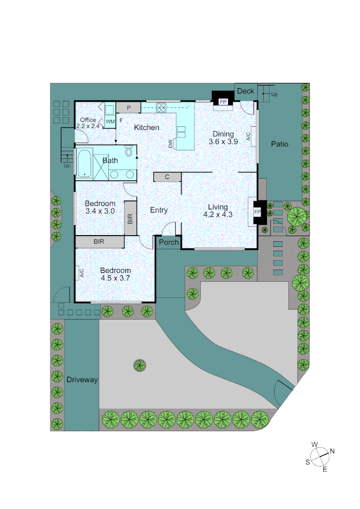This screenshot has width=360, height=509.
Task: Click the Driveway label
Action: [82, 380]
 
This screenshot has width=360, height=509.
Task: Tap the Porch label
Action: [169, 242]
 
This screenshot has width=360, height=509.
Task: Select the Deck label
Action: [245, 91]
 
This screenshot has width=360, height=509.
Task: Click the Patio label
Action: [279, 144]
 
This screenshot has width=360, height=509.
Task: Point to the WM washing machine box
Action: [110, 122]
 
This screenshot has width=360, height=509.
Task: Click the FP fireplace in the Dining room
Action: [223, 101]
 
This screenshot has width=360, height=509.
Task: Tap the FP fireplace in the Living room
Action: [257, 212]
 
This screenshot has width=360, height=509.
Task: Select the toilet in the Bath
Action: [128, 151]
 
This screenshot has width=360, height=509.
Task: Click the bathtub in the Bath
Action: [84, 163]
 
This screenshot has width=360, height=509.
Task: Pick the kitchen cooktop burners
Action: [162, 107]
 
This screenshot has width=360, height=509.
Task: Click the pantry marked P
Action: [128, 108]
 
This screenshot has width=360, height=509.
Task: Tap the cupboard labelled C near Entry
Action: [167, 177]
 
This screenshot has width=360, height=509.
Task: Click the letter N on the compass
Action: [332, 451]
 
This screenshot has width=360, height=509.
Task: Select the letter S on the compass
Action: [307, 462]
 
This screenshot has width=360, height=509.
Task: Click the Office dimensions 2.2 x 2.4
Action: [88, 126]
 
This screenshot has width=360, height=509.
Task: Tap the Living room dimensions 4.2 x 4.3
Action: [218, 214]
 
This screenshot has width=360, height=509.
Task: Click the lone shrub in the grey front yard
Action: [139, 364]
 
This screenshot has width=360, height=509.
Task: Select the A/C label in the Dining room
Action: [248, 137]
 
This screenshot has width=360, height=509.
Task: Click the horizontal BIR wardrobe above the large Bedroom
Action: [99, 242]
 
